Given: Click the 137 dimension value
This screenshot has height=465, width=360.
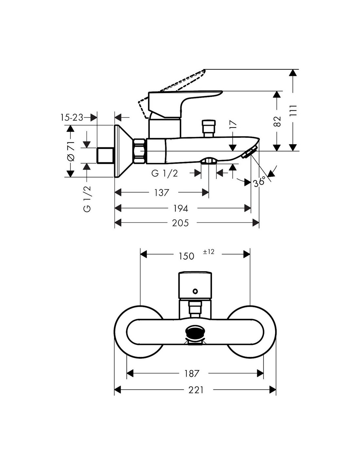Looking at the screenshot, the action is (x=162, y=193).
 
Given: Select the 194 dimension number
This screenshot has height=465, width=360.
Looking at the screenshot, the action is (x=181, y=208).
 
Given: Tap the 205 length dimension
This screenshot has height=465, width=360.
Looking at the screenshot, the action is (x=180, y=223).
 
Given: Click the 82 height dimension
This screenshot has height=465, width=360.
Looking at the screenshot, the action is (x=277, y=121).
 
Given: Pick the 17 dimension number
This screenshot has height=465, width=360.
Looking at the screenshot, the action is (x=233, y=125).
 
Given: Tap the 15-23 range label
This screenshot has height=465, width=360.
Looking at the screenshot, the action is (x=72, y=117).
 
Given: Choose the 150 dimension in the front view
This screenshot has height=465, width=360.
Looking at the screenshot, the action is (x=187, y=256).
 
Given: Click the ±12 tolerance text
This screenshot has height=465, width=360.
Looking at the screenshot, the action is (x=208, y=252).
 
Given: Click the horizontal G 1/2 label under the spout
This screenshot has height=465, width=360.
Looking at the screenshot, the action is (x=165, y=173).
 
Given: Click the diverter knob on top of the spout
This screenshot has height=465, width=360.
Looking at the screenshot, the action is (x=208, y=129).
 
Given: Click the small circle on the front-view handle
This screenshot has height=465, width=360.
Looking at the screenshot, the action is (x=195, y=291).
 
